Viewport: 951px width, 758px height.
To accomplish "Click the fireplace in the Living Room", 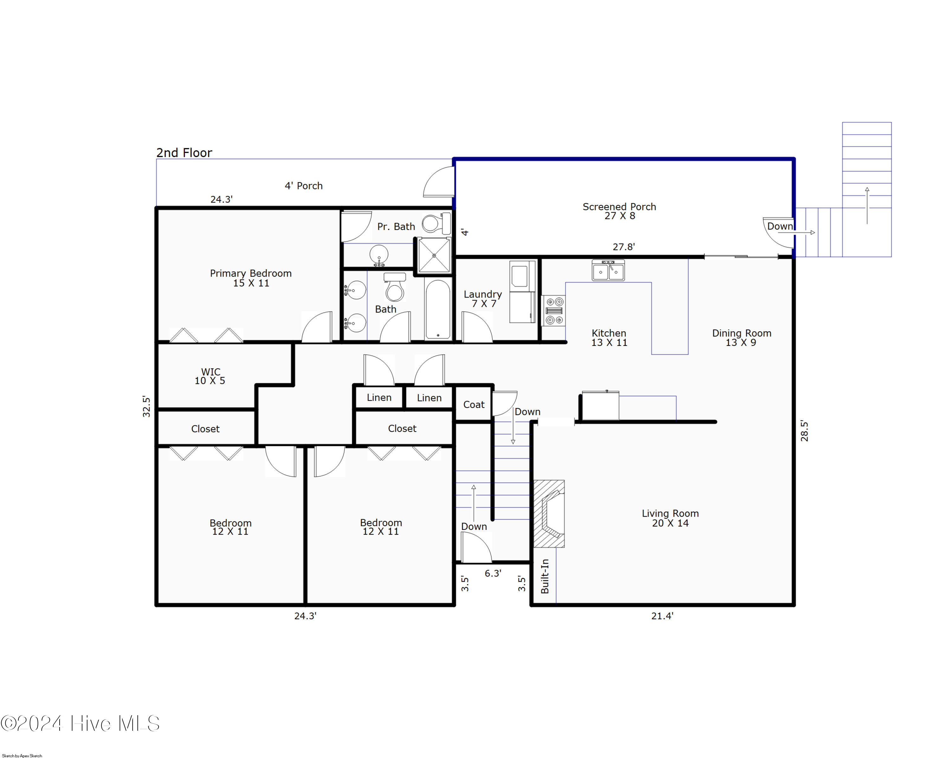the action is pyautogui.click(x=549, y=514).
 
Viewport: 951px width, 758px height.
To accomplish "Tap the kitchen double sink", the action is pyautogui.click(x=608, y=271).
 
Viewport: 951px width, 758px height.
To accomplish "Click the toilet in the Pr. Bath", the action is pyautogui.click(x=436, y=223).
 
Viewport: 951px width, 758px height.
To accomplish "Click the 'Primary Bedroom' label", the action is pyautogui.click(x=250, y=273).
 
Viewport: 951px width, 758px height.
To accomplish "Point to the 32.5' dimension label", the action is pyautogui.click(x=146, y=406).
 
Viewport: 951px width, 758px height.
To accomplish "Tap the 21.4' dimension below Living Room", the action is pyautogui.click(x=662, y=616).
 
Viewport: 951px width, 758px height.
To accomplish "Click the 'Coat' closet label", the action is pyautogui.click(x=474, y=404).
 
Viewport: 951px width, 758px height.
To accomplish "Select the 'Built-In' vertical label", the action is pyautogui.click(x=545, y=576).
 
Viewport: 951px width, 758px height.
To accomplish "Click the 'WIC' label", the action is pyautogui.click(x=210, y=372).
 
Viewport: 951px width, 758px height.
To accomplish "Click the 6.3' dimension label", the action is pyautogui.click(x=493, y=573).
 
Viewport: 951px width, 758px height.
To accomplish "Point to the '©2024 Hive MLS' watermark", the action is pyautogui.click(x=80, y=723).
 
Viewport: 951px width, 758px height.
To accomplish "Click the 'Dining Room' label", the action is pyautogui.click(x=741, y=333).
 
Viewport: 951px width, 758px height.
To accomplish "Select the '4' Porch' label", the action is pyautogui.click(x=303, y=186).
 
